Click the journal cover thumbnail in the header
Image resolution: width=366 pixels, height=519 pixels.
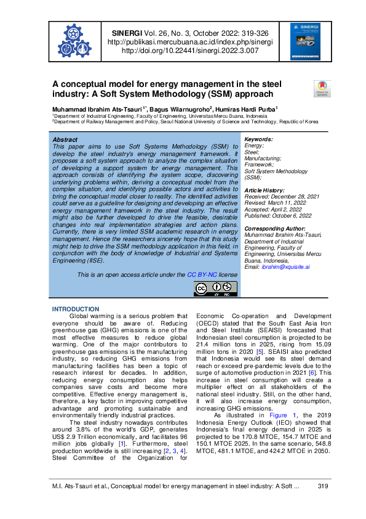pos(301,42)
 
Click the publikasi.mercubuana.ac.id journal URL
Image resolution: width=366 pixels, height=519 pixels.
pos(189,42)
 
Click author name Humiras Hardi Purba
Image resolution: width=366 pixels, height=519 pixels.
pos(252,108)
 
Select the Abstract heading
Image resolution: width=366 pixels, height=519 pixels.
pos(66,140)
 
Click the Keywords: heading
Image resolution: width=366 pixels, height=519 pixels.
pos(258,140)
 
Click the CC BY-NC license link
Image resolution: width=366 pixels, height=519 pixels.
pos(185,274)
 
